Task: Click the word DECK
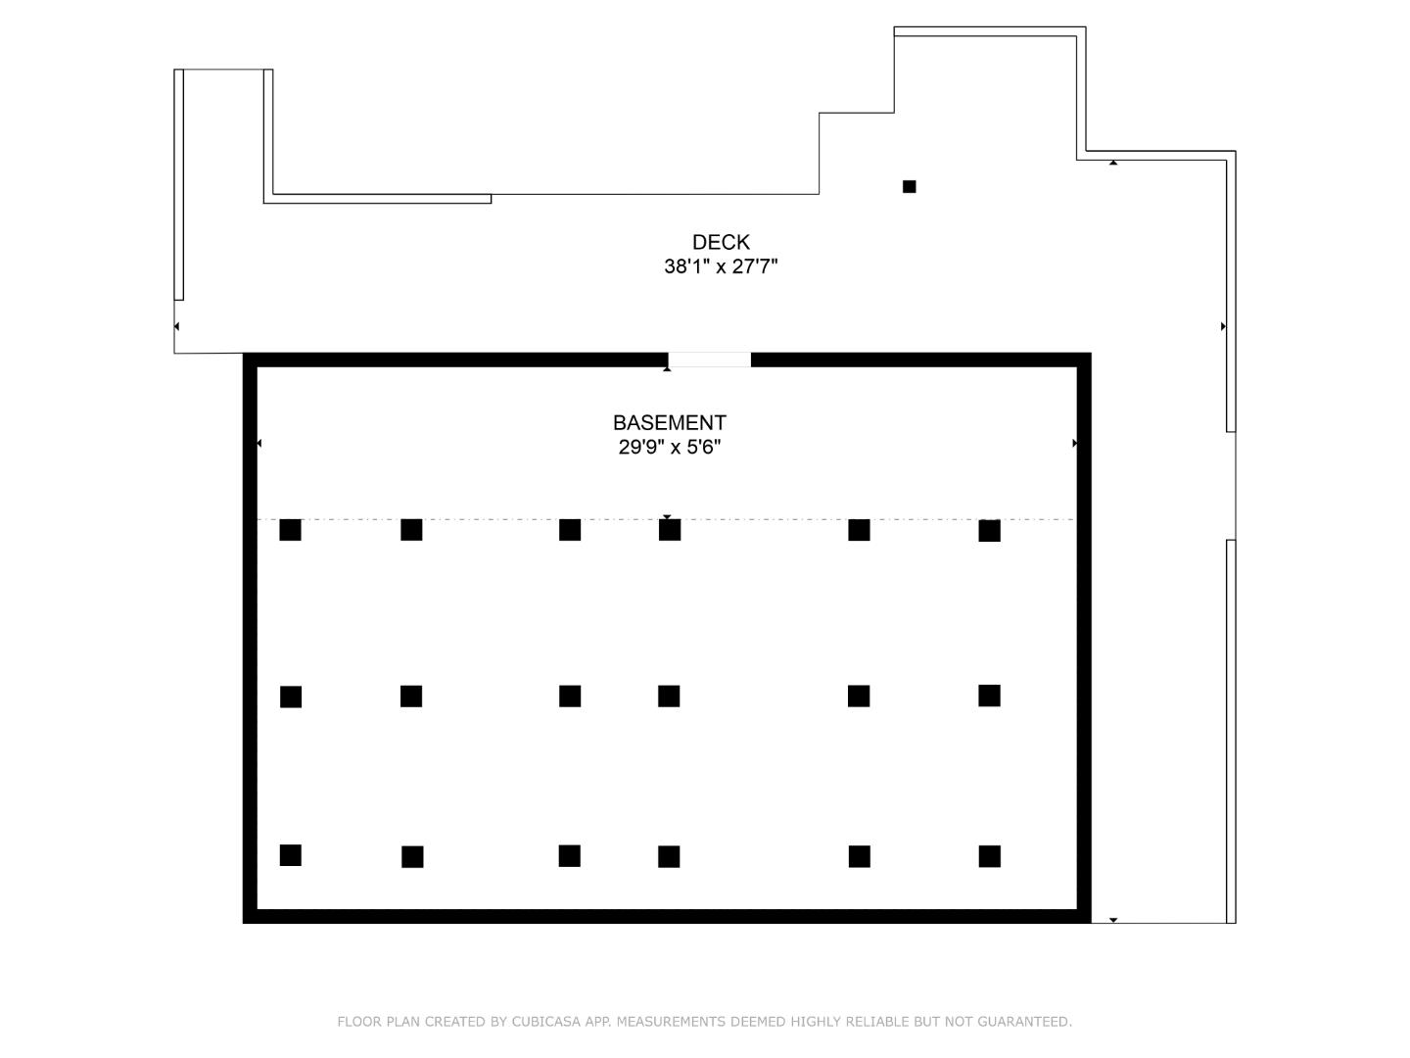pyautogui.click(x=721, y=242)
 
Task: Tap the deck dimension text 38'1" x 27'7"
pyautogui.click(x=721, y=265)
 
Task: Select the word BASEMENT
pyautogui.click(x=670, y=422)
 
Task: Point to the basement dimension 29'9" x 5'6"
pyautogui.click(x=670, y=447)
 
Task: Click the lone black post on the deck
pyautogui.click(x=909, y=186)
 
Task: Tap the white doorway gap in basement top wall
pyautogui.click(x=709, y=360)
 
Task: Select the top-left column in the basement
pyautogui.click(x=291, y=530)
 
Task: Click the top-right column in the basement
pyautogui.click(x=989, y=531)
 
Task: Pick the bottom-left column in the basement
pyautogui.click(x=291, y=855)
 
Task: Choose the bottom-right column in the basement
pyautogui.click(x=989, y=856)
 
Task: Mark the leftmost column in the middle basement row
pyautogui.click(x=291, y=697)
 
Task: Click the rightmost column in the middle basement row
pyautogui.click(x=989, y=696)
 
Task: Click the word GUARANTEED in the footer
pyautogui.click(x=1024, y=1022)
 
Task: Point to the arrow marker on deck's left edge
pyautogui.click(x=176, y=326)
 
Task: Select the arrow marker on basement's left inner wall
pyautogui.click(x=258, y=443)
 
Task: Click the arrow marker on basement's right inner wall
pyautogui.click(x=1075, y=443)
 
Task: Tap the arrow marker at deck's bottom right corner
pyautogui.click(x=1113, y=921)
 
